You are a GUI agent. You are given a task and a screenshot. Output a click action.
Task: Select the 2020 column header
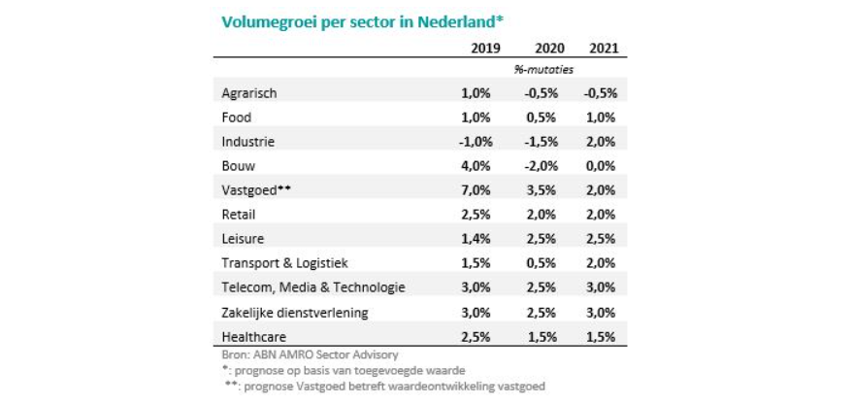549,48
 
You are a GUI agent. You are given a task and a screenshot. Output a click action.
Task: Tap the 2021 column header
604,48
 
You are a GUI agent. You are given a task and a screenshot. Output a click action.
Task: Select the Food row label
238,118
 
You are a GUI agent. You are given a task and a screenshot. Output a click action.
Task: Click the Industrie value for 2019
476,142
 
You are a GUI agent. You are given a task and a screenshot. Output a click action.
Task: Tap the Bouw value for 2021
602,166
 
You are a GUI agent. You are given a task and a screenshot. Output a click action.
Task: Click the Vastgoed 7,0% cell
478,190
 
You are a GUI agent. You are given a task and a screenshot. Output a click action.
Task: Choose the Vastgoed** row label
257,190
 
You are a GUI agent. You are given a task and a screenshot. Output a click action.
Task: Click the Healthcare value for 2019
478,336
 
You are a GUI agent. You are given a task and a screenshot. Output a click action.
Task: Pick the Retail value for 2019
478,215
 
